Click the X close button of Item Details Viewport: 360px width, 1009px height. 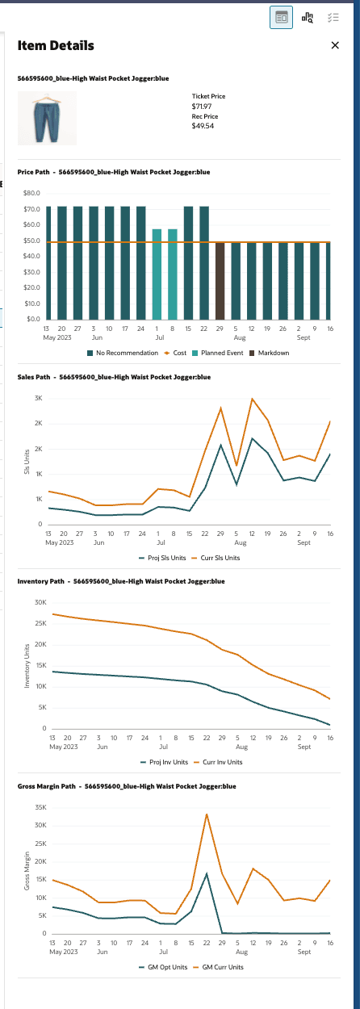coord(335,46)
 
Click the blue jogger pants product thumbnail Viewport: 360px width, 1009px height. coord(47,118)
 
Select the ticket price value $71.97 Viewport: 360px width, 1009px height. coord(201,107)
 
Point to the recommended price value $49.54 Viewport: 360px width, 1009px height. coord(202,126)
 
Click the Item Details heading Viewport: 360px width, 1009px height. coord(56,46)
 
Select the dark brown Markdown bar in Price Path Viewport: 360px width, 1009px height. coord(220,280)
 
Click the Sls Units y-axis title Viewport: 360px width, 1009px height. coord(27,462)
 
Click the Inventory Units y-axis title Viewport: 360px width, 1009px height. coord(27,666)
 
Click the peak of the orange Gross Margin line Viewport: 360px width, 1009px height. coord(207,814)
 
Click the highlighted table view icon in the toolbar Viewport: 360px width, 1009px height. coord(281,17)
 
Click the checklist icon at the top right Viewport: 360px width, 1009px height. coord(333,17)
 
